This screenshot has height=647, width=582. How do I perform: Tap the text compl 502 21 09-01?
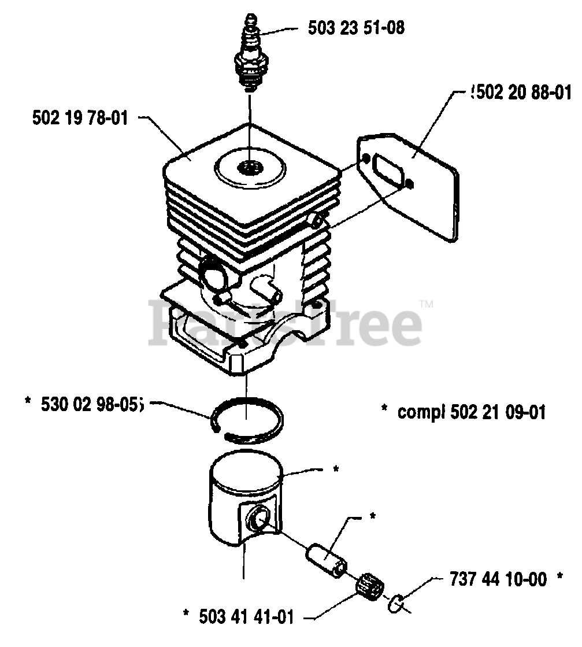click(x=471, y=412)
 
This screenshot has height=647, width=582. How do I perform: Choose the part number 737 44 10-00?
click(x=497, y=579)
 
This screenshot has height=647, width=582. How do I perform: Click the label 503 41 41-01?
click(x=245, y=618)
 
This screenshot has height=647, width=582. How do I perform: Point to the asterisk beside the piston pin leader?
click(x=373, y=515)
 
